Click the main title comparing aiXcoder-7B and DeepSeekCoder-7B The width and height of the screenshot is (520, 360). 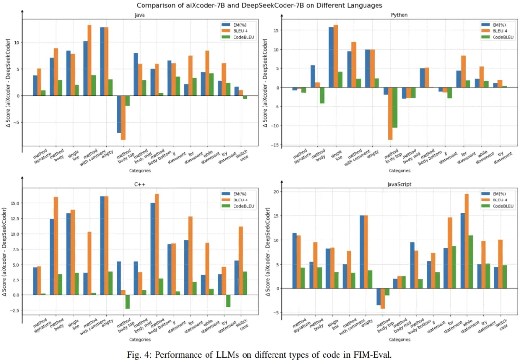(260, 6)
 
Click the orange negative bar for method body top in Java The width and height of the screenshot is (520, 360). (123, 118)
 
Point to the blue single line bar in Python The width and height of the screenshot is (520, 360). (331, 57)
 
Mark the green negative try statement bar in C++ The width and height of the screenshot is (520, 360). (228, 301)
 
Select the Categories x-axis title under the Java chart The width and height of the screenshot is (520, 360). (140, 170)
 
